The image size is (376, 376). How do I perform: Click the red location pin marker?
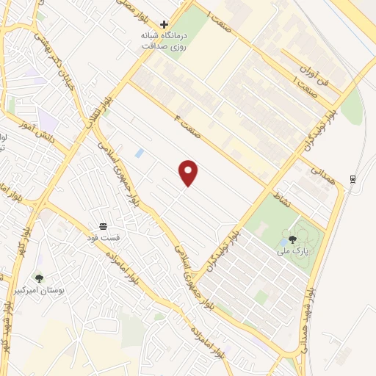click(x=189, y=173)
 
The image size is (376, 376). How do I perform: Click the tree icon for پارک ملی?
click(x=292, y=239)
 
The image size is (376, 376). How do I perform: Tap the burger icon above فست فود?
click(x=103, y=225)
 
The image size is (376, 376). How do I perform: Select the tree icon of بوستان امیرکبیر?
click(x=39, y=278)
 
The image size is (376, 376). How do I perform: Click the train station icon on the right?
click(x=353, y=180)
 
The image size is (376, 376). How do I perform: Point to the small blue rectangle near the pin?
click(x=140, y=153)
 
